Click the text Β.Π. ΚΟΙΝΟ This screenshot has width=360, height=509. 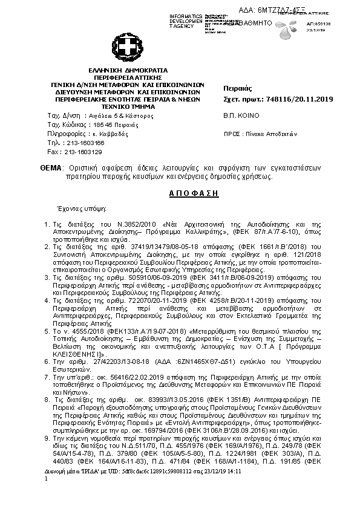[x=241, y=115]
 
